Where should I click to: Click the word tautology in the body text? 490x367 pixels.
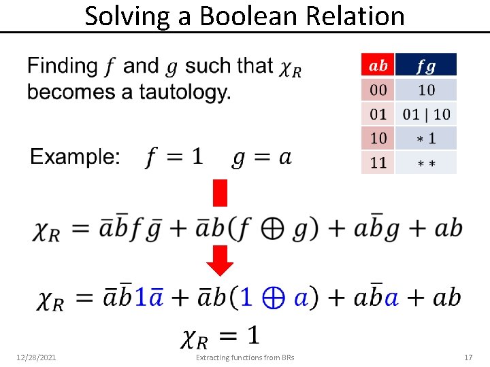pyautogui.click(x=184, y=92)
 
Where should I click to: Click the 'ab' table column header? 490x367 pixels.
pyautogui.click(x=378, y=65)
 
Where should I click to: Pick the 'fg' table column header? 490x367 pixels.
pyautogui.click(x=426, y=65)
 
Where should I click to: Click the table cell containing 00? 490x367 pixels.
pyautogui.click(x=378, y=90)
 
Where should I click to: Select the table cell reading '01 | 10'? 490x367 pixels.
pyautogui.click(x=426, y=114)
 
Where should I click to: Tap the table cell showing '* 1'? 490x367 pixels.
pyautogui.click(x=426, y=139)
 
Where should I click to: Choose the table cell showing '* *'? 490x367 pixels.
pyautogui.click(x=426, y=163)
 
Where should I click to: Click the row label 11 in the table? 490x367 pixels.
pyautogui.click(x=378, y=163)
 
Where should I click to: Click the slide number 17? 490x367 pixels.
pyautogui.click(x=468, y=357)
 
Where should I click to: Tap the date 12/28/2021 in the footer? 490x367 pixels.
pyautogui.click(x=36, y=357)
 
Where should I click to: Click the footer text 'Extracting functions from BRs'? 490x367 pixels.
pyautogui.click(x=245, y=357)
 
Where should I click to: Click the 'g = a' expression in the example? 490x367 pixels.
pyautogui.click(x=262, y=158)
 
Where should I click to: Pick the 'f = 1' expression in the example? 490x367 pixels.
pyautogui.click(x=174, y=158)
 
